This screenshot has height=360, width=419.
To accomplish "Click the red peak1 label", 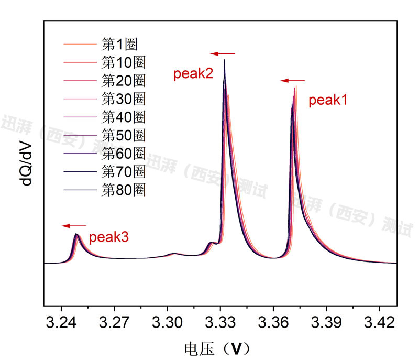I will pos(328,101).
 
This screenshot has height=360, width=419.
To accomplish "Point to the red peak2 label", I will pos(193,74).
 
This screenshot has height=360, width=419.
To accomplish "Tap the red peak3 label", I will pos(108,237).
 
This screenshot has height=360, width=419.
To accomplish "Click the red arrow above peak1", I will pos(292,81).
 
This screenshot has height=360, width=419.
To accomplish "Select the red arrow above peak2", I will pos(223,53).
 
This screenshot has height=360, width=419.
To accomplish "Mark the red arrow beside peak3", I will pos(73,226).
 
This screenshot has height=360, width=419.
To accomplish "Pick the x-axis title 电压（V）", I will pos(215,347).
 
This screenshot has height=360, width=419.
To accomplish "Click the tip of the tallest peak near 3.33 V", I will pos(225,60).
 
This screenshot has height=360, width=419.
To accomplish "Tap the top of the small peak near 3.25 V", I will pos(76,234).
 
